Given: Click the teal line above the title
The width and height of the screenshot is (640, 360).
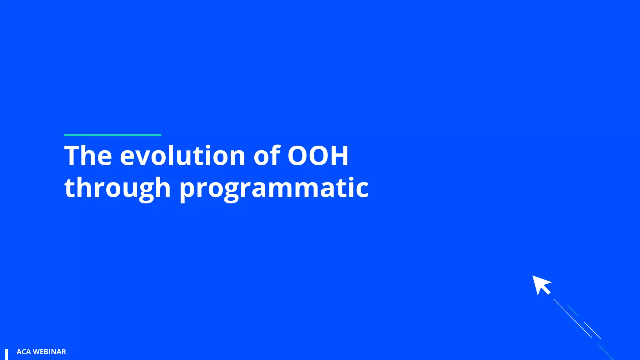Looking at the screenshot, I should coord(112,135).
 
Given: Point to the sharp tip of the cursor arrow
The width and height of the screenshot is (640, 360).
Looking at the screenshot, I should coord(533,276).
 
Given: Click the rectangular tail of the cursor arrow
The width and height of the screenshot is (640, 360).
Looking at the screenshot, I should coord(546,290).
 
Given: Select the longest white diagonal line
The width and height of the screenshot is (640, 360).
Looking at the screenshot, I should coord(572,318).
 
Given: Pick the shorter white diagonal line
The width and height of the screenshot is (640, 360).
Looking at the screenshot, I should coord(592,330).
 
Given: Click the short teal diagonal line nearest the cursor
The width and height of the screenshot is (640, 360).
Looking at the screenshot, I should coord(573,311).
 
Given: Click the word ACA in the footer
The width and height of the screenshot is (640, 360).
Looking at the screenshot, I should coord(24,352).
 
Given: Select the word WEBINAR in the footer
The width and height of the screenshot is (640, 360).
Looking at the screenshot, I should coord(49,352).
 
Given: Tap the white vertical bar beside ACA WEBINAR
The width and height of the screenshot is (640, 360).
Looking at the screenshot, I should coord(7,354).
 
